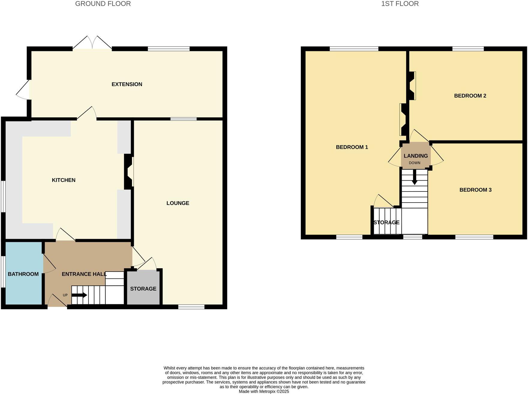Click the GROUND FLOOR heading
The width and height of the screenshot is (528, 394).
[x=103, y=4]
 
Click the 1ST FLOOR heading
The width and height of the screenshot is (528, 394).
[x=400, y=4]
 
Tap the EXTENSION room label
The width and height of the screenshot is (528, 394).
[x=127, y=84]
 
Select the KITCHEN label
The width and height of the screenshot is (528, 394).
[x=64, y=180]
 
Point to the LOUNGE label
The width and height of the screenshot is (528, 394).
[x=178, y=203]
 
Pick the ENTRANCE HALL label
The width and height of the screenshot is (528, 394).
[x=84, y=274]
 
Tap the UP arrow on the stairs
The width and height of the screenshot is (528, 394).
[x=79, y=295]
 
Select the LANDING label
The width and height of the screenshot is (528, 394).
[x=416, y=156]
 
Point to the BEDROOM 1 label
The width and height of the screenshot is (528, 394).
[x=352, y=147]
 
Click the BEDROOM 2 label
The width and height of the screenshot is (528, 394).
[x=470, y=96]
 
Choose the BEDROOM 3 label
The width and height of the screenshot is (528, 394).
[x=475, y=190]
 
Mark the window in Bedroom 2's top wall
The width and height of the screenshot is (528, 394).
[x=468, y=49]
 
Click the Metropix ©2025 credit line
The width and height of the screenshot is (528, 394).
[x=264, y=392]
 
